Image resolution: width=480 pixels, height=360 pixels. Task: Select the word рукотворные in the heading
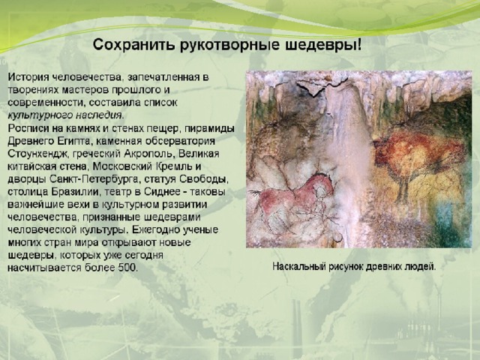pyautogui.click(x=230, y=46)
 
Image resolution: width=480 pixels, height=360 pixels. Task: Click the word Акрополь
pyautogui.click(x=150, y=154)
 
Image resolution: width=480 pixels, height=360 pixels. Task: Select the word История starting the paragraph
pyautogui.click(x=28, y=77)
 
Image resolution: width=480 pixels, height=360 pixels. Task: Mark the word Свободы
pyautogui.click(x=204, y=179)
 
